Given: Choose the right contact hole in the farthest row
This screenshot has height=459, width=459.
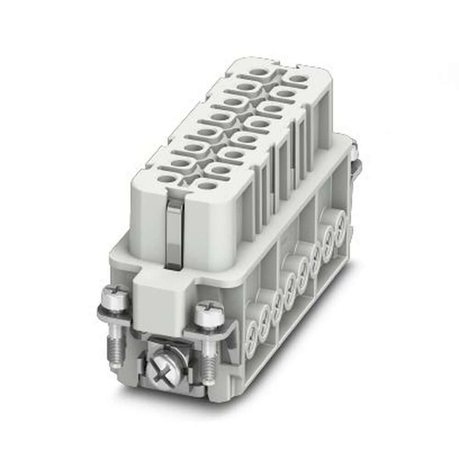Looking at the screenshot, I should coord(297,80).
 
